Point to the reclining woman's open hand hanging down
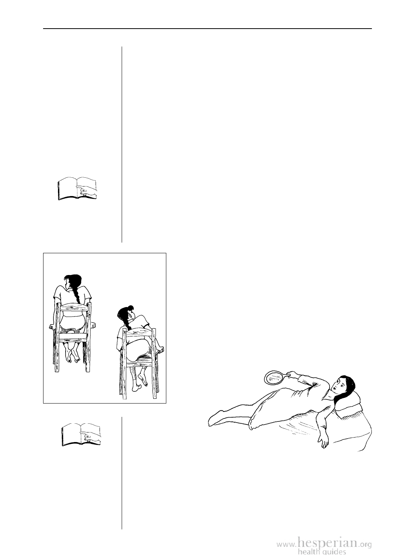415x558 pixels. (324, 441)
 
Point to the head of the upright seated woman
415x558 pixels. (72, 281)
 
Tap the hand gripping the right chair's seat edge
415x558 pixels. (160, 350)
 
